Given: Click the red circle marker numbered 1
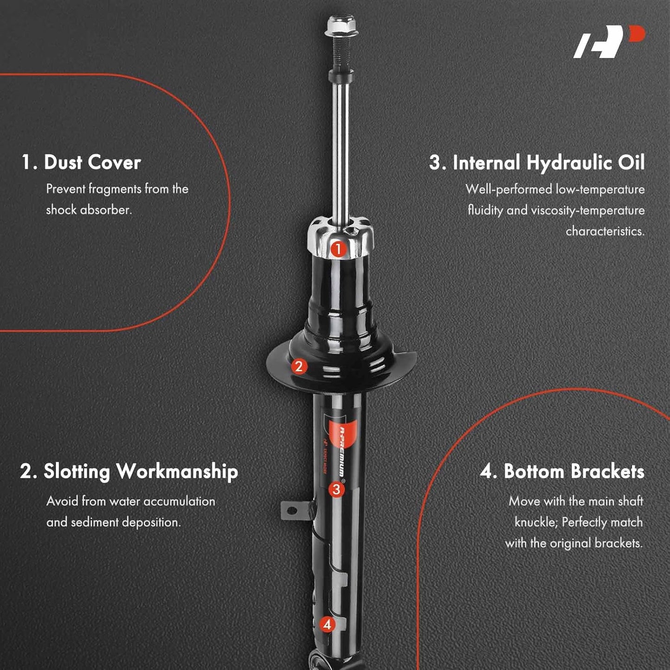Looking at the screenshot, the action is point(338,249).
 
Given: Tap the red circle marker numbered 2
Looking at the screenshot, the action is point(299,366).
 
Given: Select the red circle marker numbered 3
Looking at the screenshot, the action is point(336,490).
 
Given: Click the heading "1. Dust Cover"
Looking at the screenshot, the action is point(81,162).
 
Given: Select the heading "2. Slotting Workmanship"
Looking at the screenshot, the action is point(128,472).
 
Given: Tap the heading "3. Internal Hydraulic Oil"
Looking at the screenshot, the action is point(536,163).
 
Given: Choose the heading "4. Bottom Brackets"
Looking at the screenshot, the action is point(562,472).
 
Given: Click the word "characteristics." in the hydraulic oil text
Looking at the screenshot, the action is point(605,231).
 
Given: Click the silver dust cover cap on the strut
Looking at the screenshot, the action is point(341,237).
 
